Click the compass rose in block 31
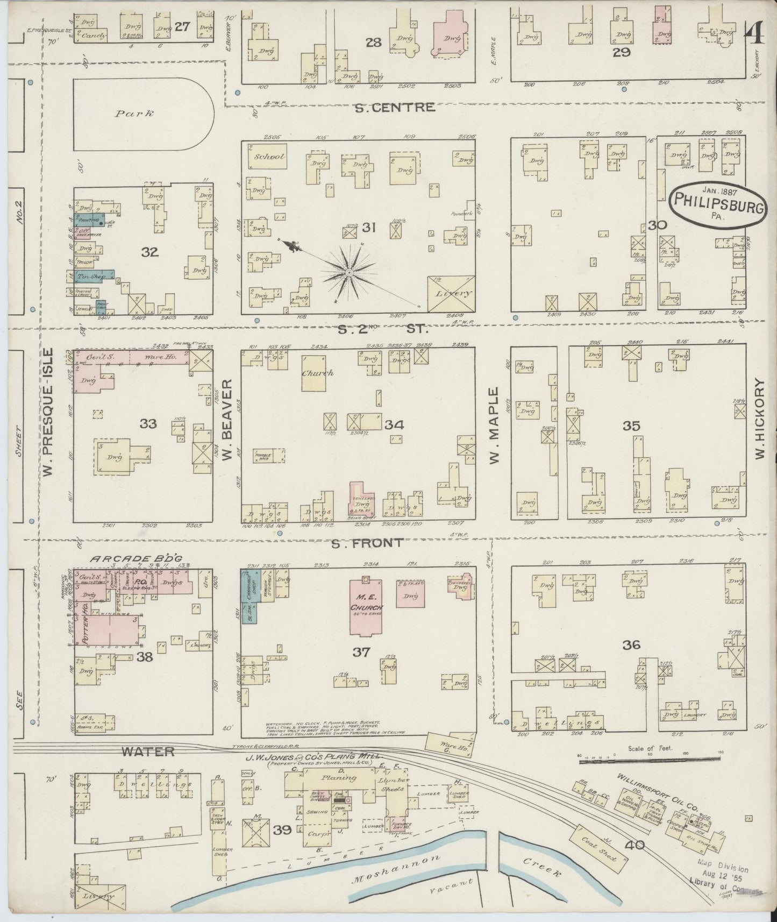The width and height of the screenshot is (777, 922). pos(350,273)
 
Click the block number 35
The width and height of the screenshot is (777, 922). pos(631,426)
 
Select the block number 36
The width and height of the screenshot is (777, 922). pos(631,644)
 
